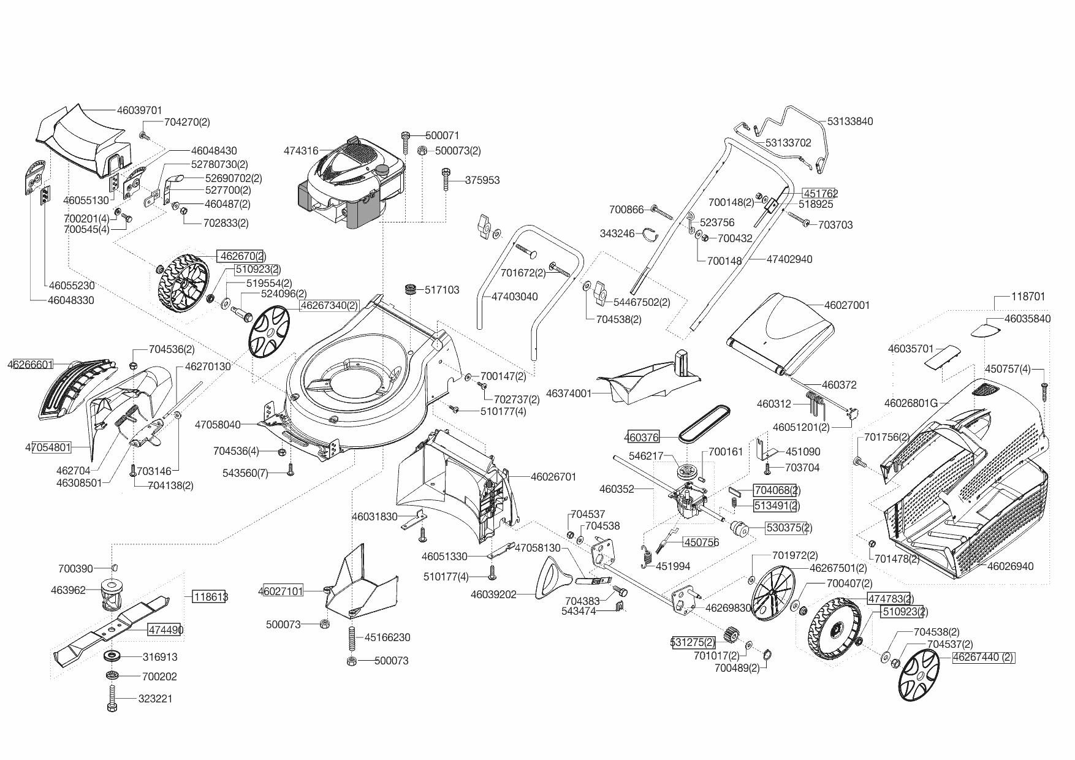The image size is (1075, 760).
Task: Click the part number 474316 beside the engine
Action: pyautogui.click(x=301, y=150)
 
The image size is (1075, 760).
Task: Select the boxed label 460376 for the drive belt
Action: pyautogui.click(x=642, y=437)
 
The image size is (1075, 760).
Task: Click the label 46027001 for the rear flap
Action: pyautogui.click(x=846, y=305)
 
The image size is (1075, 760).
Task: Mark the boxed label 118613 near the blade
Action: pyautogui.click(x=210, y=596)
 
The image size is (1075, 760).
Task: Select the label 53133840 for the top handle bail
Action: pyautogui.click(x=849, y=121)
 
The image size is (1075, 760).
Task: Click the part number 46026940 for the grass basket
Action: pyautogui.click(x=1010, y=566)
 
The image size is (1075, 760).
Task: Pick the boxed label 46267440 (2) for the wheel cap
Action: pyautogui.click(x=983, y=658)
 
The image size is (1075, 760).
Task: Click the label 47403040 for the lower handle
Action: pyautogui.click(x=514, y=297)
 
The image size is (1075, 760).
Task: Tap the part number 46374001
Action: pyautogui.click(x=568, y=393)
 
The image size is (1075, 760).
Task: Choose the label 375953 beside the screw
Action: pyautogui.click(x=482, y=180)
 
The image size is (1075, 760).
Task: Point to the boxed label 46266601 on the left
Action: pyautogui.click(x=31, y=365)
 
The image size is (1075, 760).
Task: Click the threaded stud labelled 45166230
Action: pyautogui.click(x=352, y=638)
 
